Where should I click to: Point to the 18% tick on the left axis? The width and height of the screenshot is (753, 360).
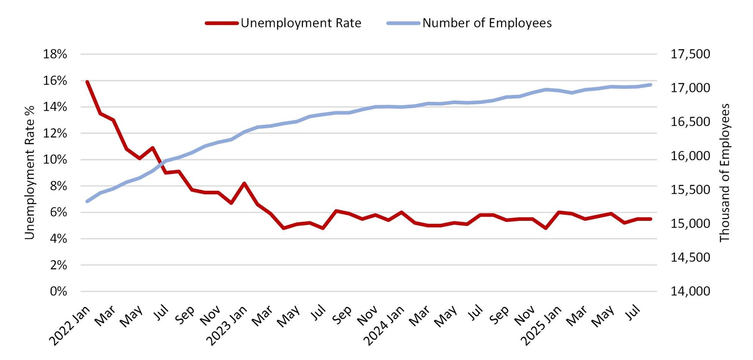[55, 54]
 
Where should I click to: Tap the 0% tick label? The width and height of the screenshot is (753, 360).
[58, 291]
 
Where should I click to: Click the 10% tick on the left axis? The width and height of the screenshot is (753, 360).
[55, 160]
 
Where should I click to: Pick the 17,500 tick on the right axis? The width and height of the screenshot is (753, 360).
[690, 54]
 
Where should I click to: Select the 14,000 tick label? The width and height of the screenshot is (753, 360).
[690, 291]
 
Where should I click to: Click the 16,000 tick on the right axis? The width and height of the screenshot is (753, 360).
[690, 156]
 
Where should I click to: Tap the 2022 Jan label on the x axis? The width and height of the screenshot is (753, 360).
[70, 325]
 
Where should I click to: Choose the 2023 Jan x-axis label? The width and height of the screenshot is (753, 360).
[227, 325]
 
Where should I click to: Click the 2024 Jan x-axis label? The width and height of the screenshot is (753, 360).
[384, 325]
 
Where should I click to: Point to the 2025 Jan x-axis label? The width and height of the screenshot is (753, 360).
[541, 325]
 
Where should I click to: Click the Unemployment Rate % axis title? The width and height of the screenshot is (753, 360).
[30, 172]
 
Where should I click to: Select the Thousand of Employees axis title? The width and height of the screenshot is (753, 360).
[724, 172]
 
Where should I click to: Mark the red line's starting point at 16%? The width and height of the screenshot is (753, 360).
[87, 82]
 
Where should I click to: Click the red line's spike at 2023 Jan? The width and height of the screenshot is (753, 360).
[244, 183]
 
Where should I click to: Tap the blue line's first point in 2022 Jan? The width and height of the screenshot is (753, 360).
[87, 201]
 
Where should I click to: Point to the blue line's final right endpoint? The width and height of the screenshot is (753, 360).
[651, 85]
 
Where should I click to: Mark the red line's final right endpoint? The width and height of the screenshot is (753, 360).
[651, 219]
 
